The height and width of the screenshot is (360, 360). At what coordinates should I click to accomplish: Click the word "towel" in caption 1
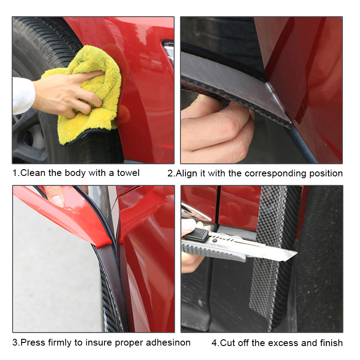[x=128, y=173]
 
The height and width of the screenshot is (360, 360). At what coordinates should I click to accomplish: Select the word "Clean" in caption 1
[x=32, y=173]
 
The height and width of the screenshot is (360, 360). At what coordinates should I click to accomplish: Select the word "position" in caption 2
[x=325, y=173]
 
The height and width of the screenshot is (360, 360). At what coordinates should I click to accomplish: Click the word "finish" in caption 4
[x=330, y=343]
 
